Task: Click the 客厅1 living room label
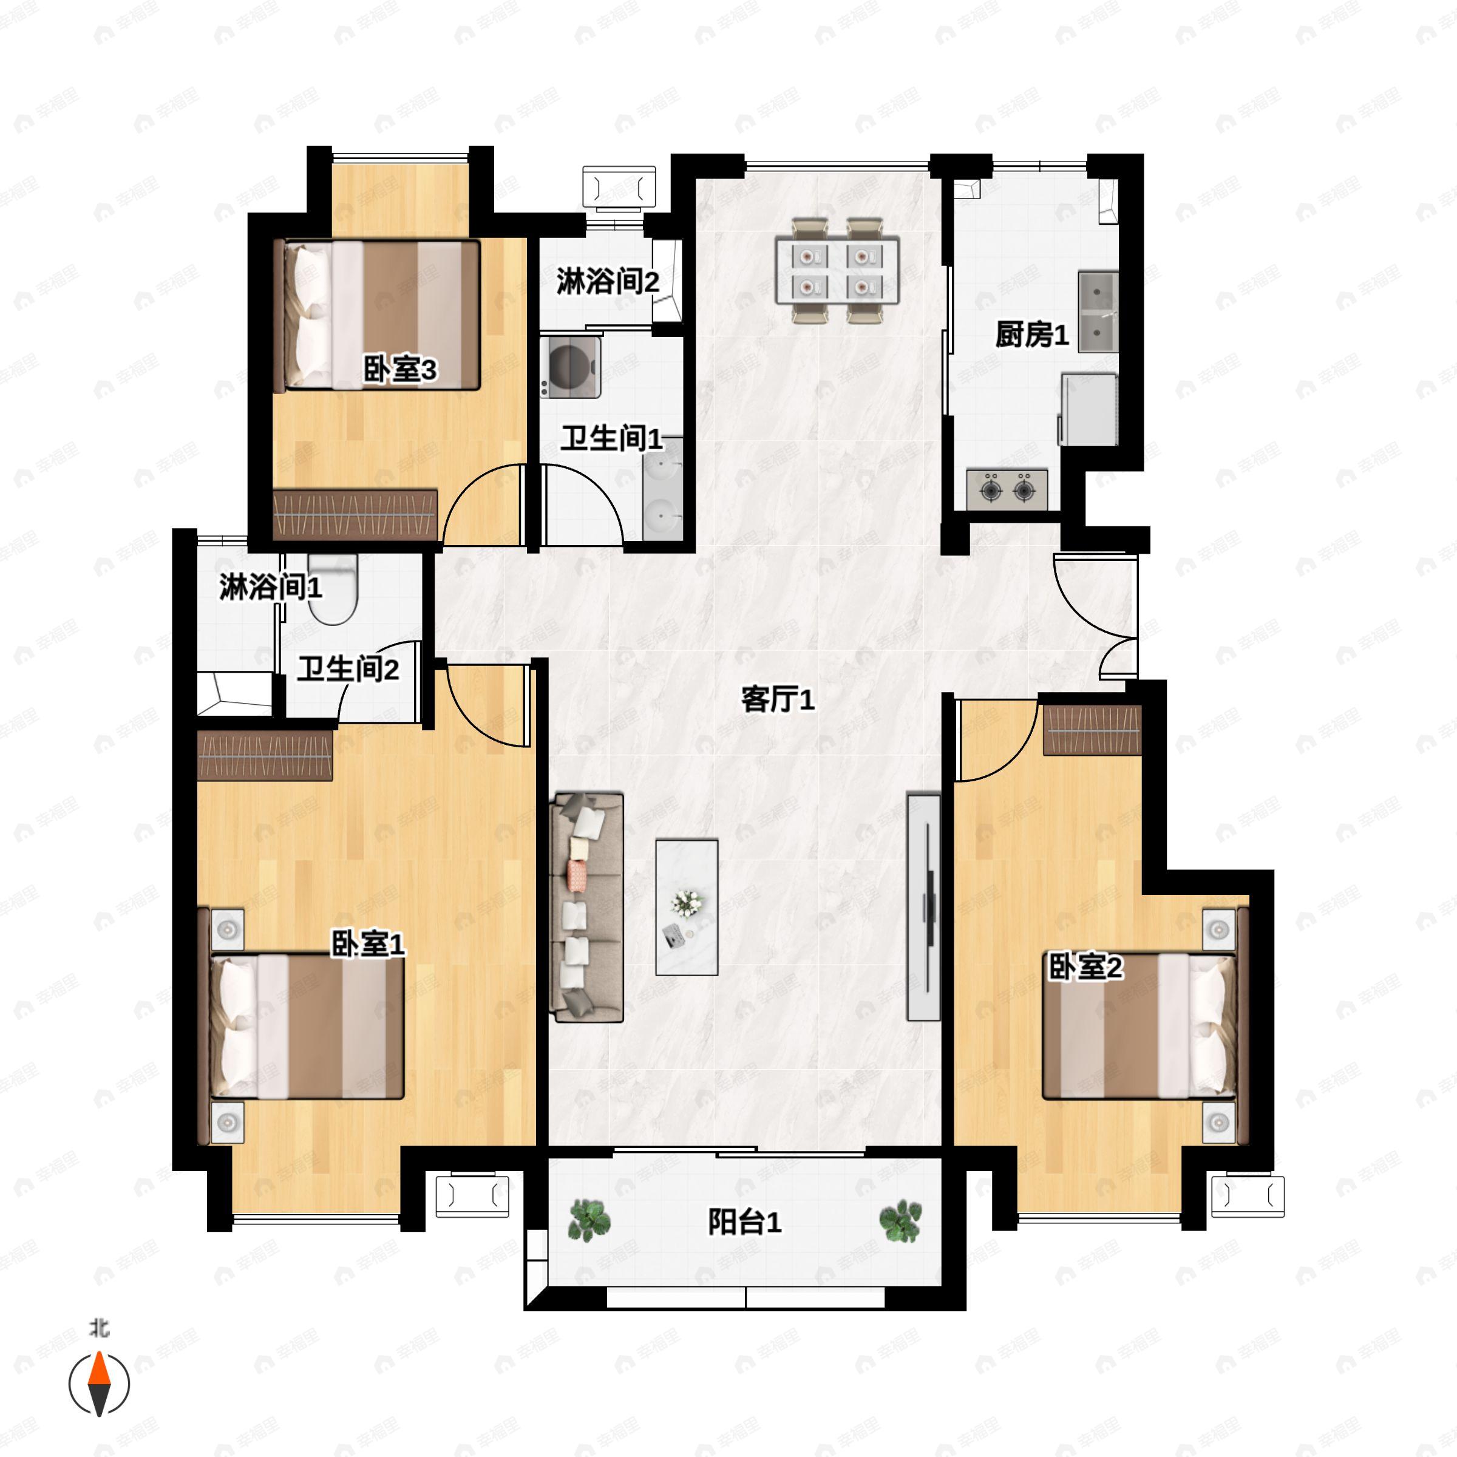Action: (778, 699)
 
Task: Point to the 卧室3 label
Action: (399, 370)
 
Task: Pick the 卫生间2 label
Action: (348, 669)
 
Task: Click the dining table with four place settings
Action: (837, 271)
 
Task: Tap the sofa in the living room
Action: (588, 906)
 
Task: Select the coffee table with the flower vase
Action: (686, 906)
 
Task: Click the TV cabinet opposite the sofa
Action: (924, 906)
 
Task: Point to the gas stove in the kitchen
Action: (1007, 489)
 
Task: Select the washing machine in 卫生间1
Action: (570, 367)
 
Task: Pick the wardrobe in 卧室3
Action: (355, 514)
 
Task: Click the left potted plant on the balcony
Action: (589, 1220)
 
